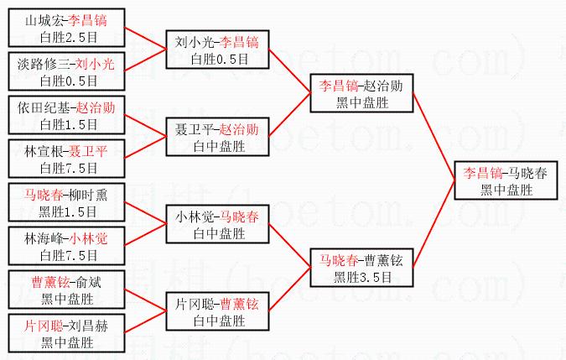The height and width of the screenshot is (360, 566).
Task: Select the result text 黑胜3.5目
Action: point(362,277)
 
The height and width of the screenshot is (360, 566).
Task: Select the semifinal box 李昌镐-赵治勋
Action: point(362,93)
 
